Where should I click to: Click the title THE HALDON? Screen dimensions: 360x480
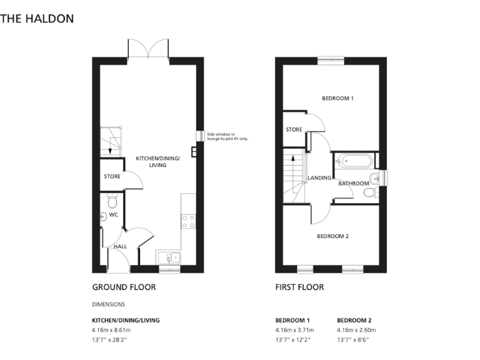tap(37, 18)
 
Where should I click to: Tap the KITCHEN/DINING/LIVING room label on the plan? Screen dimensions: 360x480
tap(158, 162)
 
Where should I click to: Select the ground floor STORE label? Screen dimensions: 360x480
tap(112, 177)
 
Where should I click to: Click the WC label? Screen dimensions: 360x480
tap(114, 214)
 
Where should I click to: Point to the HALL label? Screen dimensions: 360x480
tap(120, 246)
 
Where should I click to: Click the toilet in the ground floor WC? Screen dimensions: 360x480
tap(112, 201)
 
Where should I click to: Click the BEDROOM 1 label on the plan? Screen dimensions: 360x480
tap(337, 99)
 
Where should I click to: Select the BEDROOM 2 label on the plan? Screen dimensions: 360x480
tap(332, 236)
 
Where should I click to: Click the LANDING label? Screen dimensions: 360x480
tap(319, 178)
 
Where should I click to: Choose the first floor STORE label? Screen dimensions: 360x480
tap(294, 130)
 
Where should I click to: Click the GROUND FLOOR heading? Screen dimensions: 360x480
tap(124, 287)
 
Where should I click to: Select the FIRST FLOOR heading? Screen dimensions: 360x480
tap(299, 287)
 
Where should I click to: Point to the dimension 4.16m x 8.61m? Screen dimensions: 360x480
tap(112, 329)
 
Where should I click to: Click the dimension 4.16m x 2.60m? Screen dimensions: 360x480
tap(356, 329)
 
